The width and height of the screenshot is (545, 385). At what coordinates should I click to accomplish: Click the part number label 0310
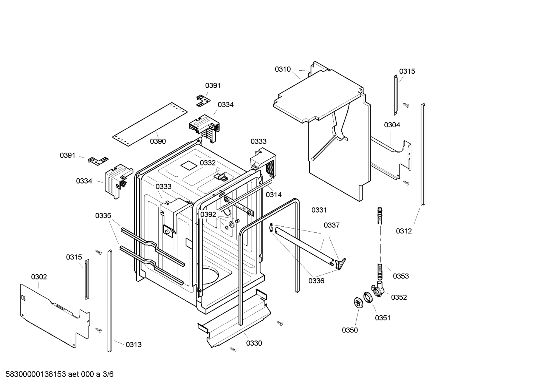click(x=282, y=69)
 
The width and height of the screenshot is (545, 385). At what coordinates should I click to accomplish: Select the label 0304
click(x=392, y=125)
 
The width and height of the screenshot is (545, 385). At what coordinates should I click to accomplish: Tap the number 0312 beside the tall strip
click(x=404, y=231)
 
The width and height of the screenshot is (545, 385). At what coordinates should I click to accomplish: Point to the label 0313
click(x=133, y=344)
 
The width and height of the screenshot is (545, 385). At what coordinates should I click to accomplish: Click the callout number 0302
click(x=39, y=277)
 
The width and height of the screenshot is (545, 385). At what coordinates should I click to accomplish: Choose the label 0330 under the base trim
click(x=254, y=343)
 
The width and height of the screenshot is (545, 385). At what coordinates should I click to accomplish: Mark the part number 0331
click(x=319, y=210)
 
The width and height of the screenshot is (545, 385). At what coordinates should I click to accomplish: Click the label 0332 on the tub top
click(x=207, y=163)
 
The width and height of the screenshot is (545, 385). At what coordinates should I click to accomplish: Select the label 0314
click(x=274, y=195)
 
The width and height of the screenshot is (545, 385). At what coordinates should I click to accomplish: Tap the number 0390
click(x=158, y=141)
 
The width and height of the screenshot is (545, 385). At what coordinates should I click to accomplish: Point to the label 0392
click(x=208, y=215)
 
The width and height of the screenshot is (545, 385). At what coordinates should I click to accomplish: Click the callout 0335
click(x=103, y=216)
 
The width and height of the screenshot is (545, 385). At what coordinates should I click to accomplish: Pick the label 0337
click(x=331, y=225)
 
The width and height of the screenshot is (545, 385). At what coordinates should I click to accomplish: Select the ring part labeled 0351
click(x=368, y=297)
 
